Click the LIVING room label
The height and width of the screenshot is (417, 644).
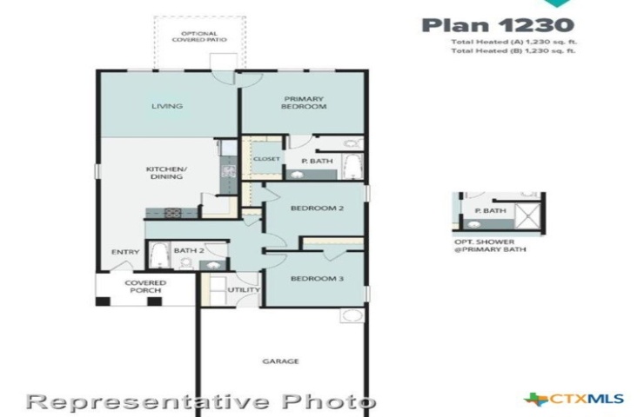tap(167, 106)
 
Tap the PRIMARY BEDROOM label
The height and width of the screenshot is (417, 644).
tap(304, 103)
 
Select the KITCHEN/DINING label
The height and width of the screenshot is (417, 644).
tap(167, 173)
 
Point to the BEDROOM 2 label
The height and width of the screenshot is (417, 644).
tap(317, 208)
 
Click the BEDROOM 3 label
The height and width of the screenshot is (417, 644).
tap(317, 279)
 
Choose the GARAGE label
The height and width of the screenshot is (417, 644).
tap(280, 361)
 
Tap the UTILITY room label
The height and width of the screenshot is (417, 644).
tap(244, 290)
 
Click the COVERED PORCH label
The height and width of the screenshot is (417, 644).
tap(145, 287)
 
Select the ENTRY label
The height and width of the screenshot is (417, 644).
tap(125, 252)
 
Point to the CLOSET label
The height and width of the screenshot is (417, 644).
tap(266, 159)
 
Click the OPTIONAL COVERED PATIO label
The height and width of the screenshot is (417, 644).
tap(199, 36)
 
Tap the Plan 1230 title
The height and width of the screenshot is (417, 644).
tap(498, 25)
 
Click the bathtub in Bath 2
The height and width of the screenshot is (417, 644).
tap(158, 255)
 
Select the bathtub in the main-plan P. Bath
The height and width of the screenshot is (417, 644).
tap(352, 166)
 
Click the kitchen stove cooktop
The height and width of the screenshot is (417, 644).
tap(173, 213)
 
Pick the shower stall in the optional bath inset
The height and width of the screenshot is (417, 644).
tap(528, 215)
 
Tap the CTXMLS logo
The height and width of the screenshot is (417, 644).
tap(574, 399)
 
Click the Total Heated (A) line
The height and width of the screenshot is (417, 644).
tap(513, 42)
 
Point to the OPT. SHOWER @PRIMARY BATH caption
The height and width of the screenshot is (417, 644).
tap(490, 246)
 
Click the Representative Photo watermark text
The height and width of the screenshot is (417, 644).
tap(201, 402)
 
